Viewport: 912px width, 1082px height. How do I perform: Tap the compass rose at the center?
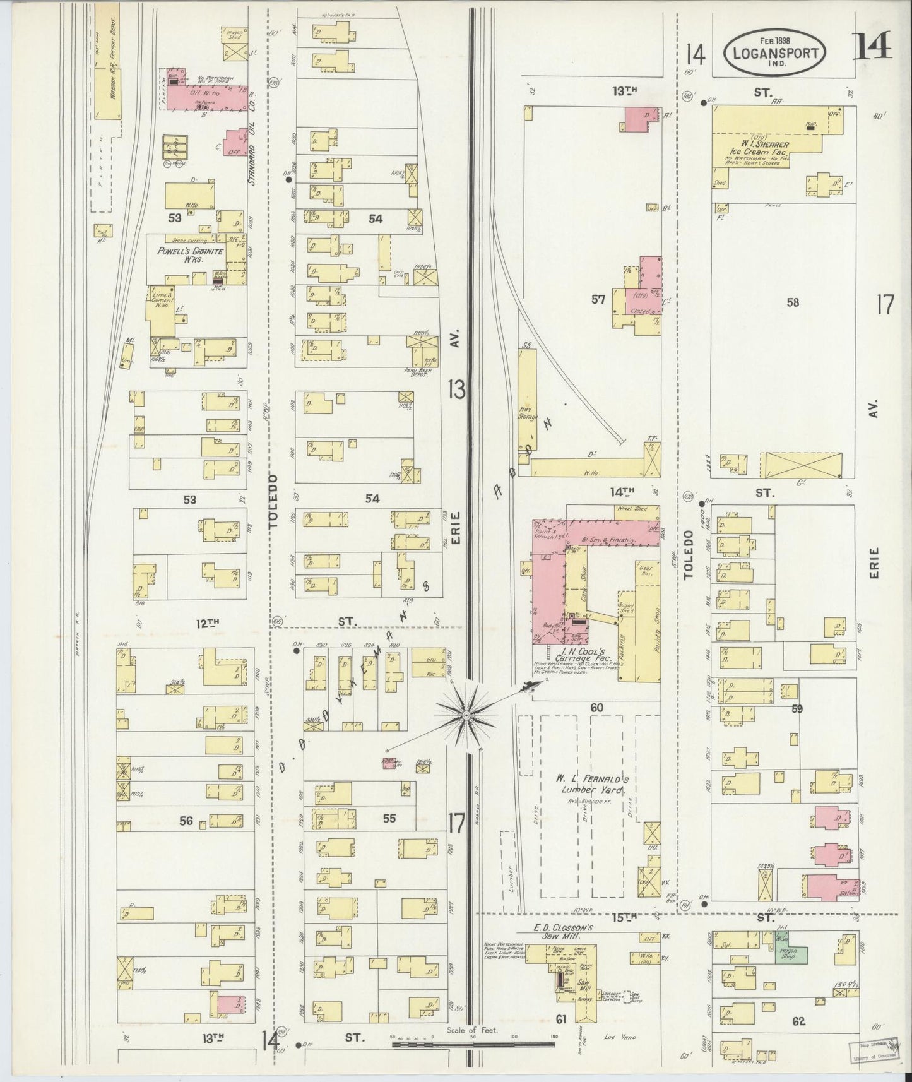[x=466, y=715]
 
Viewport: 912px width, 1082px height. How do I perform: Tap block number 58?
[x=793, y=302]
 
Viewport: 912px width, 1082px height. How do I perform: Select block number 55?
[x=389, y=818]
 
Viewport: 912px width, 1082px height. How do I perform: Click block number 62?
[x=798, y=1021]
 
